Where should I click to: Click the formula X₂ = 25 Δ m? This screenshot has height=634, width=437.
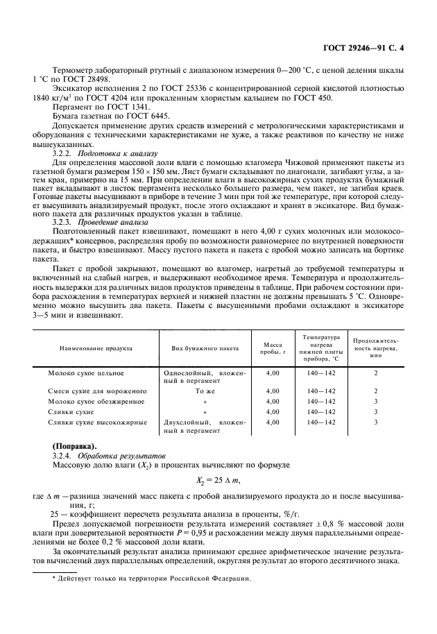point(218,479)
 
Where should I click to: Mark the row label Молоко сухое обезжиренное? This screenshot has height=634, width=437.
point(96,401)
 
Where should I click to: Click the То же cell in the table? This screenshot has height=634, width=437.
point(205,391)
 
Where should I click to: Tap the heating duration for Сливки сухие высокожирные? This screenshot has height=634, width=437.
point(375,421)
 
